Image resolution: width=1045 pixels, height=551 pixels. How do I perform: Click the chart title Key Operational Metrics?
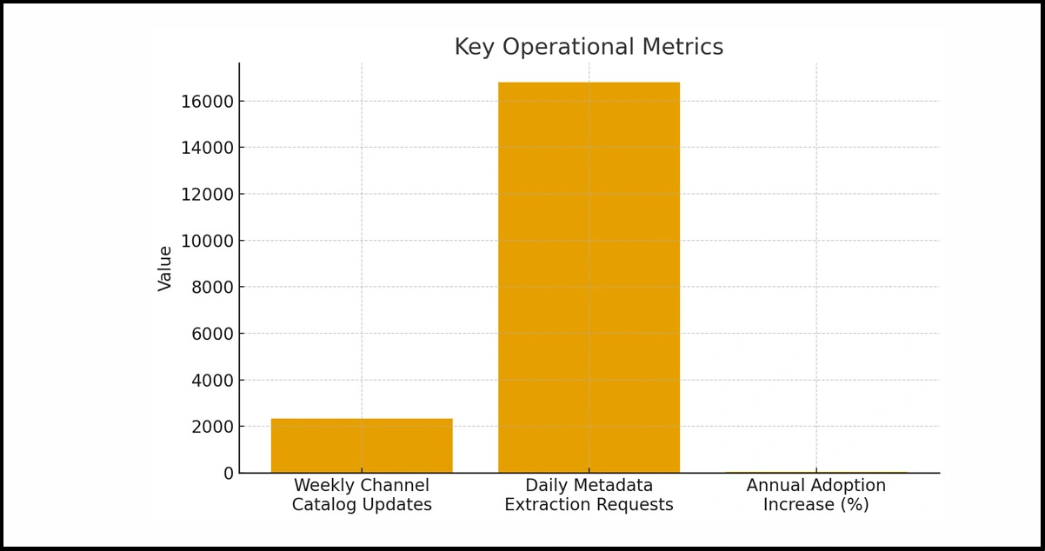(x=589, y=47)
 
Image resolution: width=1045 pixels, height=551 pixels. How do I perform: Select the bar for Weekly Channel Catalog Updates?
(x=362, y=446)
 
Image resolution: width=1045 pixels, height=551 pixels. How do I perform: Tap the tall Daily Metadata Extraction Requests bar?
(x=589, y=278)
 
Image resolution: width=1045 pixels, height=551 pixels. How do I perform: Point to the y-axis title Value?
(x=165, y=268)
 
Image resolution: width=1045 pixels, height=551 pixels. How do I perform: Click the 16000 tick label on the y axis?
(x=207, y=102)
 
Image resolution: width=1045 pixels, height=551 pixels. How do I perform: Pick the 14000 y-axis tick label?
(x=207, y=148)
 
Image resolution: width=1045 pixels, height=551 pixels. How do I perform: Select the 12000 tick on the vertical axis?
(x=207, y=195)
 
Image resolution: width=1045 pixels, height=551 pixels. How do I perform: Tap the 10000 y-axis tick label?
(x=207, y=241)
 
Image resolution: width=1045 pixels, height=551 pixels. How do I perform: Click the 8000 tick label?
(x=212, y=288)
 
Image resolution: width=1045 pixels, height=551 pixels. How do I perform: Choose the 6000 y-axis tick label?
(x=212, y=334)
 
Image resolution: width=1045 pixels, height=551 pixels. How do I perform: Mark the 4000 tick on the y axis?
(x=212, y=381)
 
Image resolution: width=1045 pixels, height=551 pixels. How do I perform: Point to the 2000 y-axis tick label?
(x=212, y=427)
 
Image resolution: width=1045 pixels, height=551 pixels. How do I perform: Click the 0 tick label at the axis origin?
(x=229, y=474)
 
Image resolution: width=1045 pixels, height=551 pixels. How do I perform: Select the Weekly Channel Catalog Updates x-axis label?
(x=362, y=495)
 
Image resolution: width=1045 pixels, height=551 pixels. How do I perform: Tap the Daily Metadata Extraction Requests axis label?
(x=589, y=495)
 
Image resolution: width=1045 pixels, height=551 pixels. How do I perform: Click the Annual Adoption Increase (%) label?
(x=815, y=495)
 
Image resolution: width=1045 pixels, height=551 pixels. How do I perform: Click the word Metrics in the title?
(x=689, y=47)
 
